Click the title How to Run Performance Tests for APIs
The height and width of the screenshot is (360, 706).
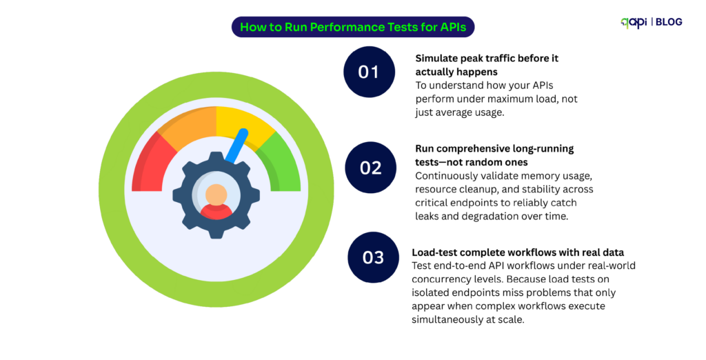(353, 27)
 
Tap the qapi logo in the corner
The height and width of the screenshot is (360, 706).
(634, 22)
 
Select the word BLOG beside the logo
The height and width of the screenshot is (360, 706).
(669, 21)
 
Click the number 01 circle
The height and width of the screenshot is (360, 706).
(369, 72)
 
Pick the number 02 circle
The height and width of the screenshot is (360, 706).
(370, 168)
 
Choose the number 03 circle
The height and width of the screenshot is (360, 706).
(373, 257)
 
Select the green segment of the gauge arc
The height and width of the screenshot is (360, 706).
(281, 164)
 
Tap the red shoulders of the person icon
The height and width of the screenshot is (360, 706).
(216, 212)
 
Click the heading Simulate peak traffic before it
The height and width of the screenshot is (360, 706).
(487, 58)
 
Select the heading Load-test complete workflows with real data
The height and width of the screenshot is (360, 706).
(518, 252)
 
